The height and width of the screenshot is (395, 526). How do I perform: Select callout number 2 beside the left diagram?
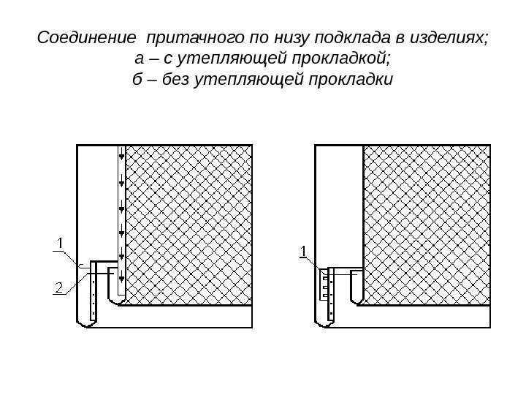pyautogui.click(x=58, y=287)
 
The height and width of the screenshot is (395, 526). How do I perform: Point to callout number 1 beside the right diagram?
pyautogui.click(x=302, y=253)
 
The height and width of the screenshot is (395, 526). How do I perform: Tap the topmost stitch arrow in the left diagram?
pyautogui.click(x=121, y=156)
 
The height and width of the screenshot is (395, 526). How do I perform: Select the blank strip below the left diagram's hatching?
pyautogui.click(x=186, y=317)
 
